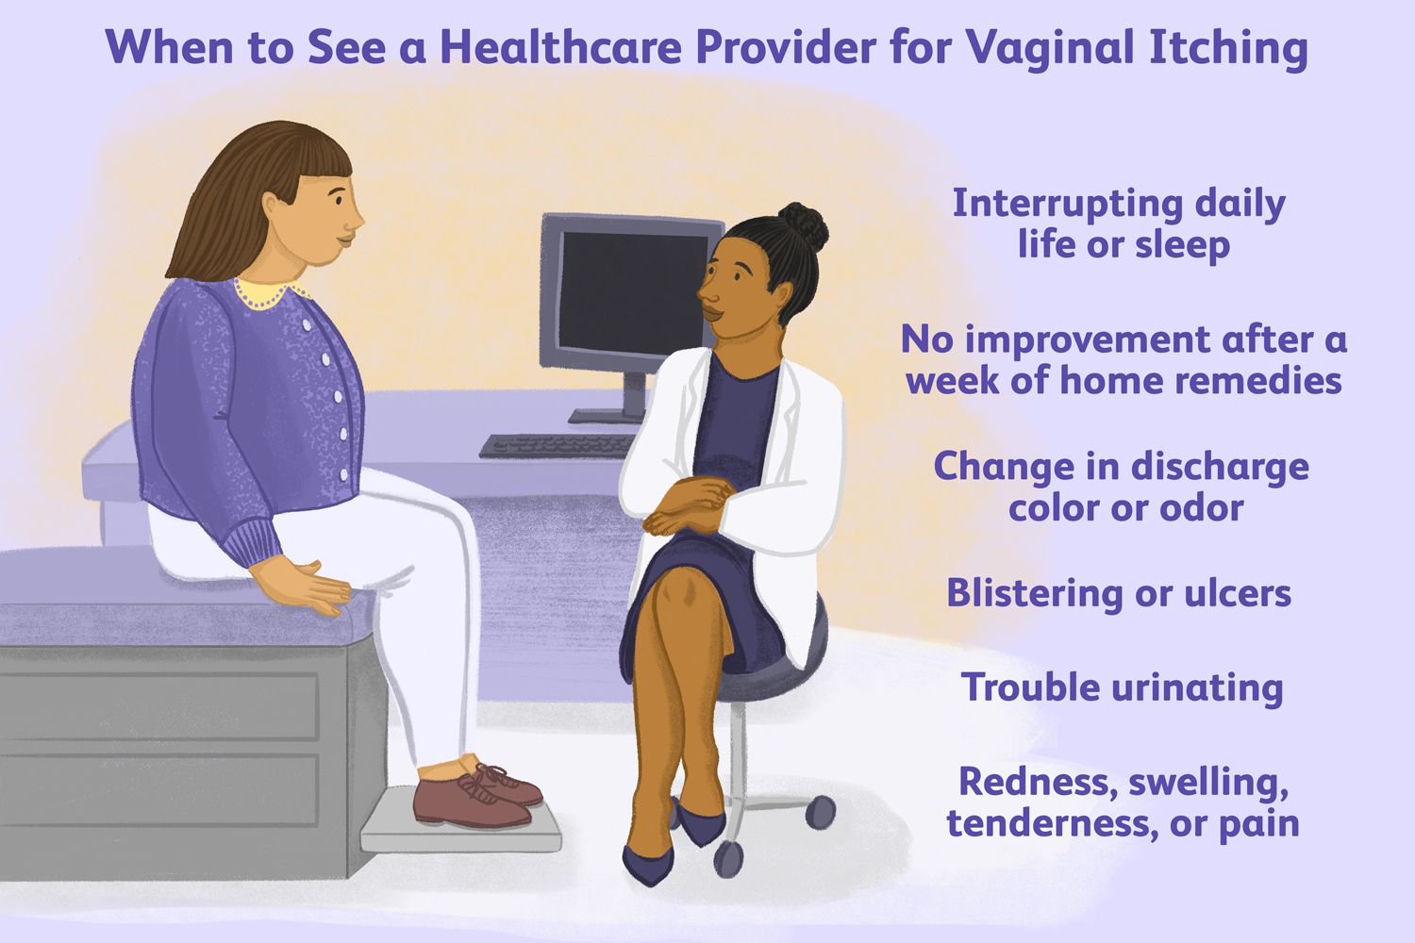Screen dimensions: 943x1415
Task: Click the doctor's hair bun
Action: click(803, 226)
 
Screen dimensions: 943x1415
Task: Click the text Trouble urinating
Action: click(1122, 687)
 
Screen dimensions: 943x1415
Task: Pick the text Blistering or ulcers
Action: click(1119, 593)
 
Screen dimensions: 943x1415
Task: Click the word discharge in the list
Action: click(1217, 467)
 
